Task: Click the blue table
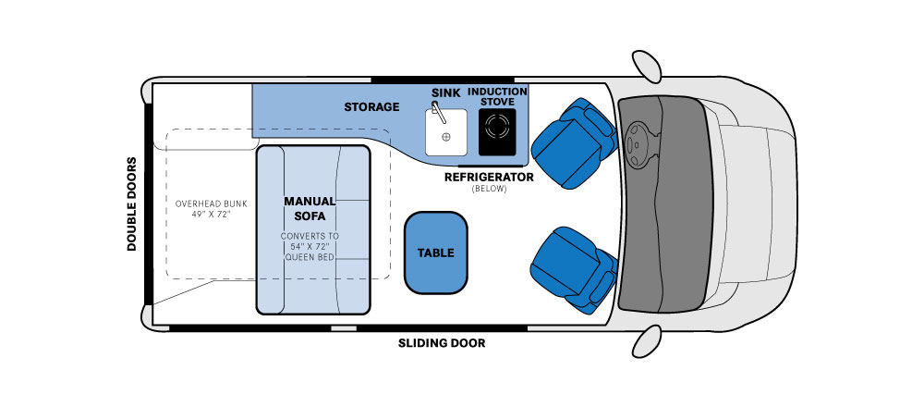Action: click(436, 253)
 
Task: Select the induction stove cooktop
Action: click(497, 132)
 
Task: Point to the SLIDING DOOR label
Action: click(442, 343)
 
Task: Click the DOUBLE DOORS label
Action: click(132, 204)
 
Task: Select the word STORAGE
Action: click(371, 106)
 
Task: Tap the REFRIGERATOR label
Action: click(489, 177)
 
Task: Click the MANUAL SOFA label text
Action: click(310, 208)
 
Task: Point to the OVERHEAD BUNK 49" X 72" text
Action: click(211, 209)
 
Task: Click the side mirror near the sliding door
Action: click(647, 341)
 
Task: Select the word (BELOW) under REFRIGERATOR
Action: click(489, 190)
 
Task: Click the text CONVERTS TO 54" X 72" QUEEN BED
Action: click(310, 246)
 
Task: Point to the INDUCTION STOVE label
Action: click(497, 97)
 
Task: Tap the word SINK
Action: click(446, 92)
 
